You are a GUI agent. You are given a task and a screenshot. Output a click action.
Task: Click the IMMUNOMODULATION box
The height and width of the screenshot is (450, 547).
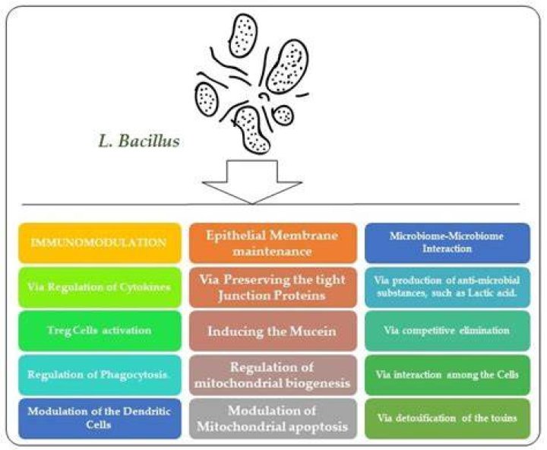[x=100, y=243]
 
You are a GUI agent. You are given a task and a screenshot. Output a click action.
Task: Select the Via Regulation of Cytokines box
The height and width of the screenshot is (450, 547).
[x=100, y=287]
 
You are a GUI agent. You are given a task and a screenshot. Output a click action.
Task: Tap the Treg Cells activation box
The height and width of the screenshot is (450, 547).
[x=100, y=331]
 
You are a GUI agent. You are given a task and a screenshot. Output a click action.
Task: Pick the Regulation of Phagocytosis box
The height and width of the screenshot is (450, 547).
[x=100, y=375]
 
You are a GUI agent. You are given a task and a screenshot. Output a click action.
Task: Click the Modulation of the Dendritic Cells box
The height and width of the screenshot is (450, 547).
[x=100, y=419]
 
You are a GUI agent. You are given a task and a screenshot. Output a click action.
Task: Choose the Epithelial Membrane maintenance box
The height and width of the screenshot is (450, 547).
[x=273, y=243]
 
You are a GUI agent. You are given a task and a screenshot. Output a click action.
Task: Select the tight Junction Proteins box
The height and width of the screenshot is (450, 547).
[x=273, y=287]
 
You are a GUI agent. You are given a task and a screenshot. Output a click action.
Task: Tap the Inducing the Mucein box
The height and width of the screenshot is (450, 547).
[x=273, y=331]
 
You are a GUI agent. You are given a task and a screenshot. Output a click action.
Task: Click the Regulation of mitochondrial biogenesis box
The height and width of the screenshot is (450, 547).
[x=273, y=375]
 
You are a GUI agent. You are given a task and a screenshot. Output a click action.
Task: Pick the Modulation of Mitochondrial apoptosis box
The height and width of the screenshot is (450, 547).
[x=273, y=419]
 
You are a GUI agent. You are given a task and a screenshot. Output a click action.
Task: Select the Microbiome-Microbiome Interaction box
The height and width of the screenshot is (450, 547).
[x=447, y=243]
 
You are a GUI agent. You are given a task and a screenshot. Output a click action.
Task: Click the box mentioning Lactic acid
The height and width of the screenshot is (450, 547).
[x=447, y=287]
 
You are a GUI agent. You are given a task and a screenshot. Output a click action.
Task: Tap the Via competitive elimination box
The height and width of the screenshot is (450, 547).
[x=447, y=331]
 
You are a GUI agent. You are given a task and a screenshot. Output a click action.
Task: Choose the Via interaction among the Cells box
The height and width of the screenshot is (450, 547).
[x=447, y=375]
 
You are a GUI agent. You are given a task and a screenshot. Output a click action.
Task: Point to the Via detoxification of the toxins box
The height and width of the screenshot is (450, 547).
[x=447, y=419]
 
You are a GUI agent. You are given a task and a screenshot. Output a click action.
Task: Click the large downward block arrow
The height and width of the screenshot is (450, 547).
[x=252, y=182]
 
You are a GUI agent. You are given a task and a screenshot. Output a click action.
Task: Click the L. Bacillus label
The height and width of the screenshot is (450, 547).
[x=139, y=141]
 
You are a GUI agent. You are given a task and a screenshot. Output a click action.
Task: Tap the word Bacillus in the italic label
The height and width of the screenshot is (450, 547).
[x=150, y=141]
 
